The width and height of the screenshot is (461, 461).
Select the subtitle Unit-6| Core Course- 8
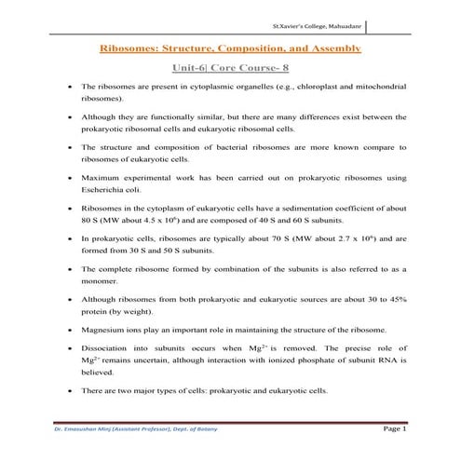click(x=229, y=68)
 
